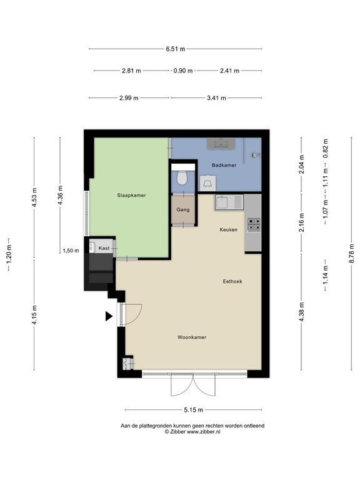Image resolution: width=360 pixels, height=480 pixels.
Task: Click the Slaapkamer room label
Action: point(131,195)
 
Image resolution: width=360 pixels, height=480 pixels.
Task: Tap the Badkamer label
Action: point(224,165)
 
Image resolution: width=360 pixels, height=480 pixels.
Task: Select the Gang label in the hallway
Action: point(182,210)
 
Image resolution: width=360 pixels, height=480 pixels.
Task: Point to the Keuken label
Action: point(228,229)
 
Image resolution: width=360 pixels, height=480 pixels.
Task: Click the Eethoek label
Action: point(232,281)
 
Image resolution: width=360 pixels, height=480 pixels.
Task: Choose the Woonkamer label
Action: point(192,337)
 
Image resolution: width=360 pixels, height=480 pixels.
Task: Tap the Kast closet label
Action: point(104,248)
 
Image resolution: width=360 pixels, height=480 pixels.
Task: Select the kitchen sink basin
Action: point(222,202)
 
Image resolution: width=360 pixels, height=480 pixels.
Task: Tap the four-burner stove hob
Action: point(254,225)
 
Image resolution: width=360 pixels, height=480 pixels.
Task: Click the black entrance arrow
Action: point(109,316)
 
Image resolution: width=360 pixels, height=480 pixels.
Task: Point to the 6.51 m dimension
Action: point(176,49)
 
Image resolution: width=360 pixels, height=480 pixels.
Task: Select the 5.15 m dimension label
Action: point(194,410)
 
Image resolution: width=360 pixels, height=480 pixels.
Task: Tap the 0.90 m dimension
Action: point(183,71)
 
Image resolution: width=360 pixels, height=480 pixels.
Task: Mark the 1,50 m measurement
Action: point(71,251)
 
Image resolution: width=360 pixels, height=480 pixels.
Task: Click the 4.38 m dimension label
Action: point(301,312)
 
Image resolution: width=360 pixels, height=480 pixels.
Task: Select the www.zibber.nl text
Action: point(203,432)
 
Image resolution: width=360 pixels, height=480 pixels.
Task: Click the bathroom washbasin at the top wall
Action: point(221,144)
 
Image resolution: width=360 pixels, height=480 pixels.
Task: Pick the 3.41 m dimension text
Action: point(216,98)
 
